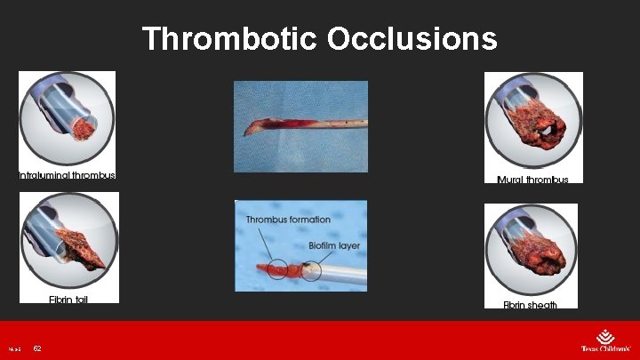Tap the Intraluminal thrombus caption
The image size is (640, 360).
coord(68,175)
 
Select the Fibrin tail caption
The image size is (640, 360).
coord(68,300)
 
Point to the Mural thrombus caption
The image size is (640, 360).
coord(532,180)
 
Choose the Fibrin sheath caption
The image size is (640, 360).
coord(531,305)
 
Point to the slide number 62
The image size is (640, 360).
coord(37,348)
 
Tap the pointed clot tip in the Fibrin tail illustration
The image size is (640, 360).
coord(105,264)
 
